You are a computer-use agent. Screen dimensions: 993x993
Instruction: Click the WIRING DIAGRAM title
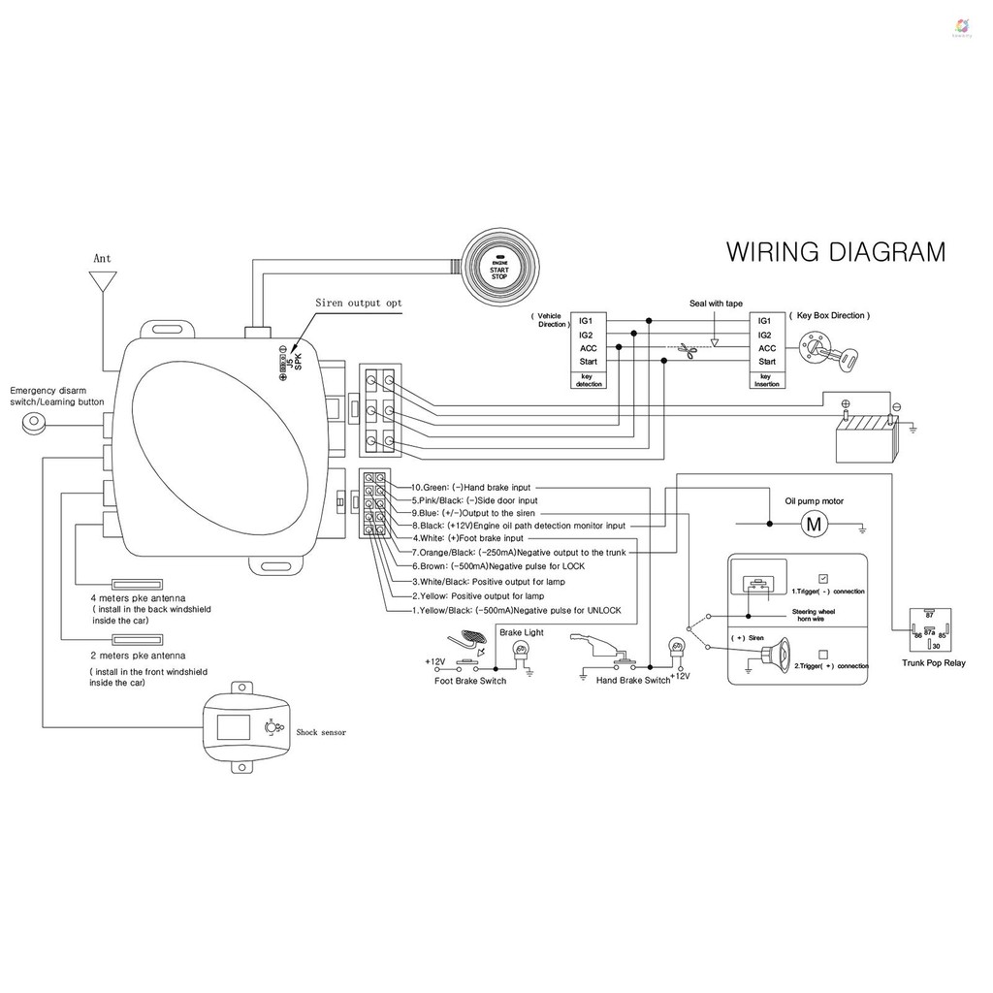(x=835, y=252)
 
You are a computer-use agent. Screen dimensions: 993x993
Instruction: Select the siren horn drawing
(x=765, y=658)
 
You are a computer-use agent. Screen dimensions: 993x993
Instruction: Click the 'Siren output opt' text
(x=358, y=304)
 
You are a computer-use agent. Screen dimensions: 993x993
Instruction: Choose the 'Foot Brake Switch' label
(x=470, y=681)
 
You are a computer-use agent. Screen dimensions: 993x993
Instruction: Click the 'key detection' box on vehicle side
(x=590, y=379)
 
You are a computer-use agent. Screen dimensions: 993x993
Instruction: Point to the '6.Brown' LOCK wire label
(x=498, y=565)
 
